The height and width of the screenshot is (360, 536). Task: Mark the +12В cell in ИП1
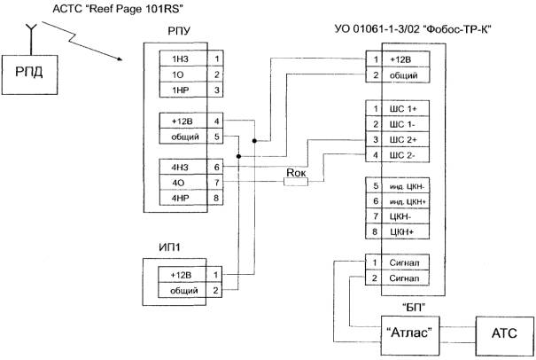point(180,276)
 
